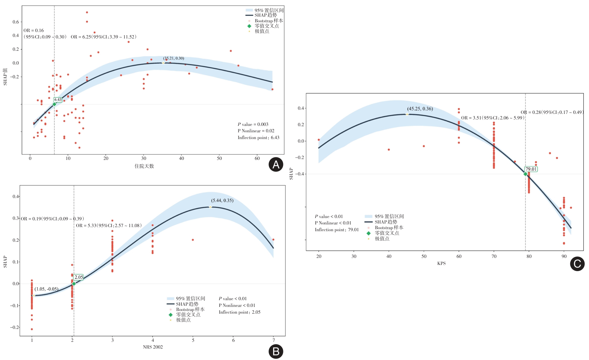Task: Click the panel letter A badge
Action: pyautogui.click(x=276, y=165)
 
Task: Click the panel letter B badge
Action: pyautogui.click(x=276, y=351)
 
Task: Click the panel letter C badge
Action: pyautogui.click(x=577, y=263)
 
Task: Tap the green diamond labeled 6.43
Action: pyautogui.click(x=54, y=104)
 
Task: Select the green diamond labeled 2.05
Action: pyautogui.click(x=74, y=284)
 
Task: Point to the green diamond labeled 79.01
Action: pyautogui.click(x=525, y=174)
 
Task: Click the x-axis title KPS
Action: pyautogui.click(x=441, y=263)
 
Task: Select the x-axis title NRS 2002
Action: pyautogui.click(x=153, y=347)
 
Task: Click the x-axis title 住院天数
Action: pyautogui.click(x=144, y=166)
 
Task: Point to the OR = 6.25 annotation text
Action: pyautogui.click(x=103, y=37)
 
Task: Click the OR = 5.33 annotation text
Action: pyautogui.click(x=109, y=226)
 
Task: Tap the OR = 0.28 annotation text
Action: pyautogui.click(x=552, y=112)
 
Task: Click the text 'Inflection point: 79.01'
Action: pyautogui.click(x=337, y=230)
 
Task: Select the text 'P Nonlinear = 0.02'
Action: pyautogui.click(x=256, y=131)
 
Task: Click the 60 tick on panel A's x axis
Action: pyautogui.click(x=257, y=158)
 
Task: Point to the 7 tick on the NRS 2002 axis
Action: pyautogui.click(x=273, y=340)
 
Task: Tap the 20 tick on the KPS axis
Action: pyautogui.click(x=319, y=256)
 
